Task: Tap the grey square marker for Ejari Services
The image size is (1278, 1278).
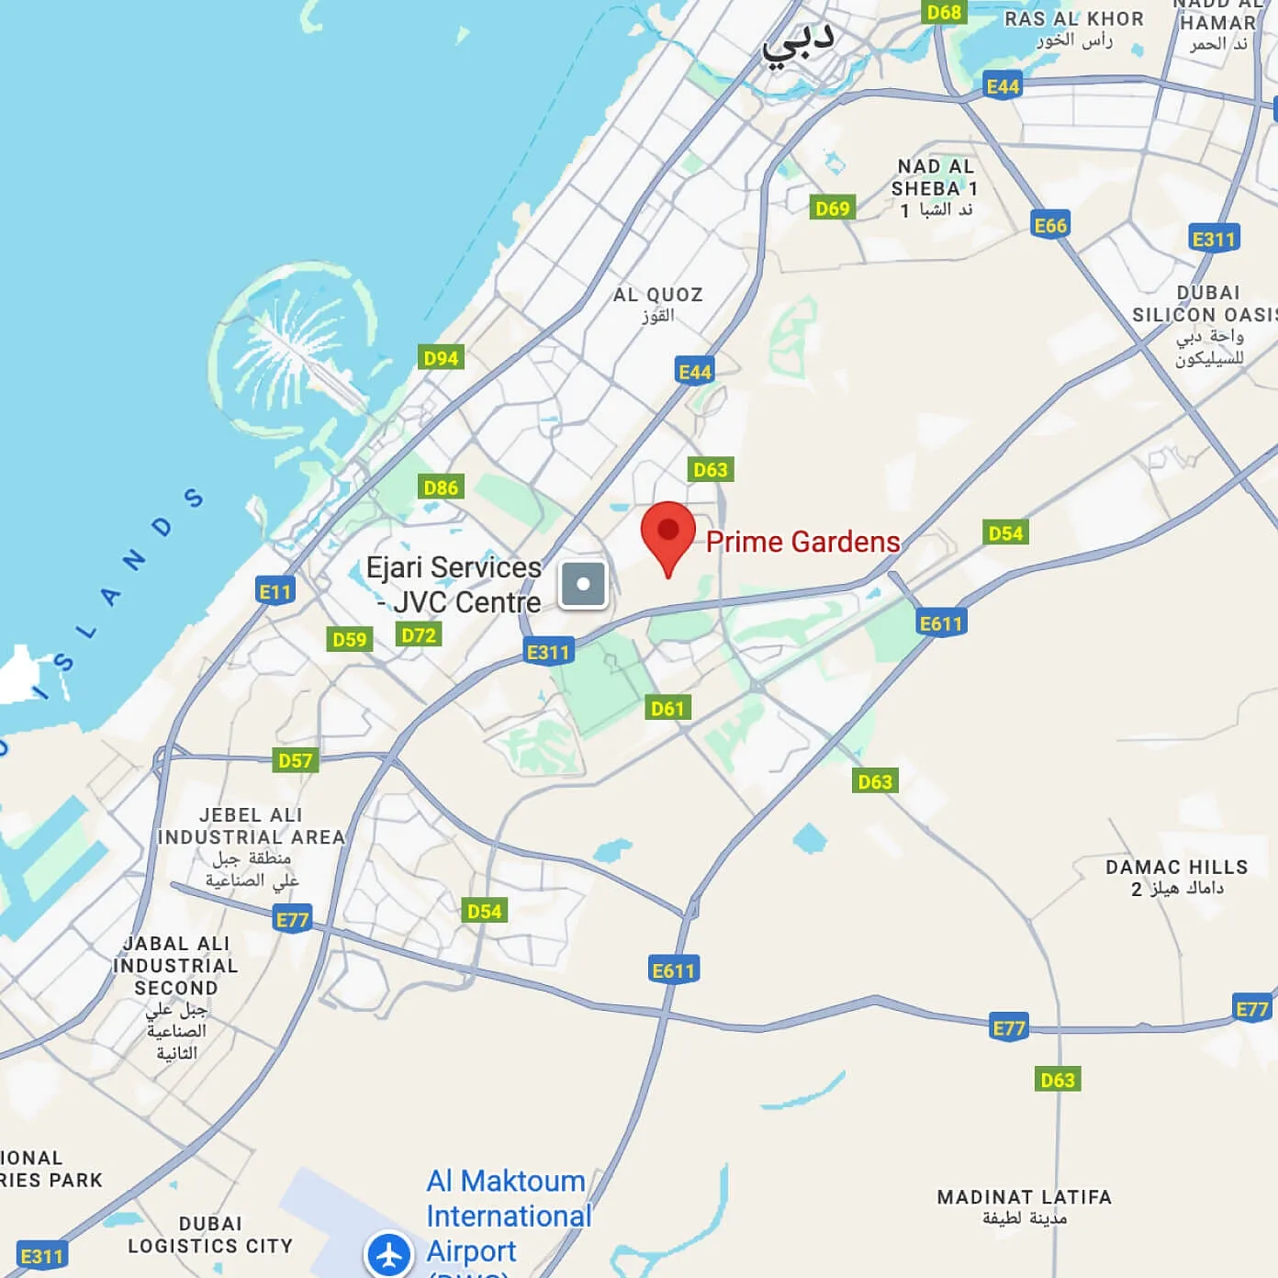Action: point(583,584)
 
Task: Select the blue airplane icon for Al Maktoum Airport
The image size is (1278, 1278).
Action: point(389,1254)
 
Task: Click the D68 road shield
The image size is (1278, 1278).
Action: point(944,12)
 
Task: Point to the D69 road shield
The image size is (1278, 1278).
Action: point(833,208)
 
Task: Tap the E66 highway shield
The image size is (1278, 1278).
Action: point(1050,226)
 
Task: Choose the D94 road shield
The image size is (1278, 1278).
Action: point(441,358)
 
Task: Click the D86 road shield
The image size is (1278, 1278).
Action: point(441,488)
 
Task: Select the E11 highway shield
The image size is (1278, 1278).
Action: point(275,592)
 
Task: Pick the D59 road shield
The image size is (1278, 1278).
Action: point(350,640)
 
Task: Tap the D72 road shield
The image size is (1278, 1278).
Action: point(419,635)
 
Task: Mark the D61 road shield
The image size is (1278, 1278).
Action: point(667,708)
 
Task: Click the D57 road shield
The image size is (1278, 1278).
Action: point(296,761)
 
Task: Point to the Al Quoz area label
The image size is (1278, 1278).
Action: point(657,304)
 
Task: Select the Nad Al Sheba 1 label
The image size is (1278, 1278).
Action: point(935,188)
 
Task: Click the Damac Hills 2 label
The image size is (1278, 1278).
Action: point(1176,877)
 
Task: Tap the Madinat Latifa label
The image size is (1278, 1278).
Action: point(1024,1206)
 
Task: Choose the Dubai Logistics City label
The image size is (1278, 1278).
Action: point(210,1235)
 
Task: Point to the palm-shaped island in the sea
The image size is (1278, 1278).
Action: point(294,349)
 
